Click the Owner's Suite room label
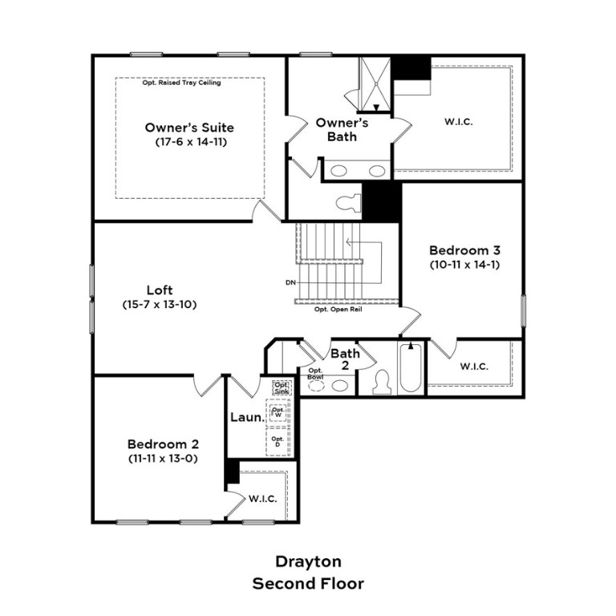pos(189,127)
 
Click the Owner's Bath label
pos(341,129)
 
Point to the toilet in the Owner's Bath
pos(347,203)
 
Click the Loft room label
pos(160,290)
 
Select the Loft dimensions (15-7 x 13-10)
pos(160,304)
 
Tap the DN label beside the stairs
pos(290,282)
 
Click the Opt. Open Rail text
pos(338,309)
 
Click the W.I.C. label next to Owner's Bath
pos(458,122)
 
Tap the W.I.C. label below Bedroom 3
pos(474,367)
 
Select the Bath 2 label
pos(345,359)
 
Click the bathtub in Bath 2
pos(410,370)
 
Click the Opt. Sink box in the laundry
pos(281,387)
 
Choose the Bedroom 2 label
pos(163,444)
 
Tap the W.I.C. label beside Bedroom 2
pos(262,498)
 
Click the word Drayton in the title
pos(308,561)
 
